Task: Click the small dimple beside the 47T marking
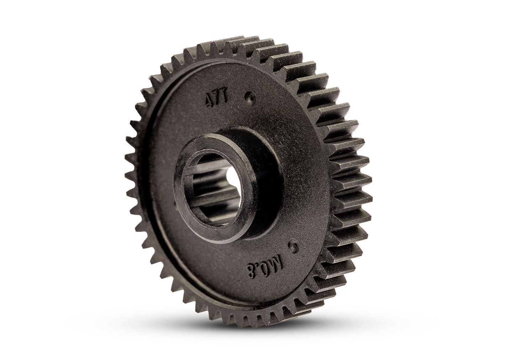coord(251,96)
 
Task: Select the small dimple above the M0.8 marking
coord(294,245)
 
